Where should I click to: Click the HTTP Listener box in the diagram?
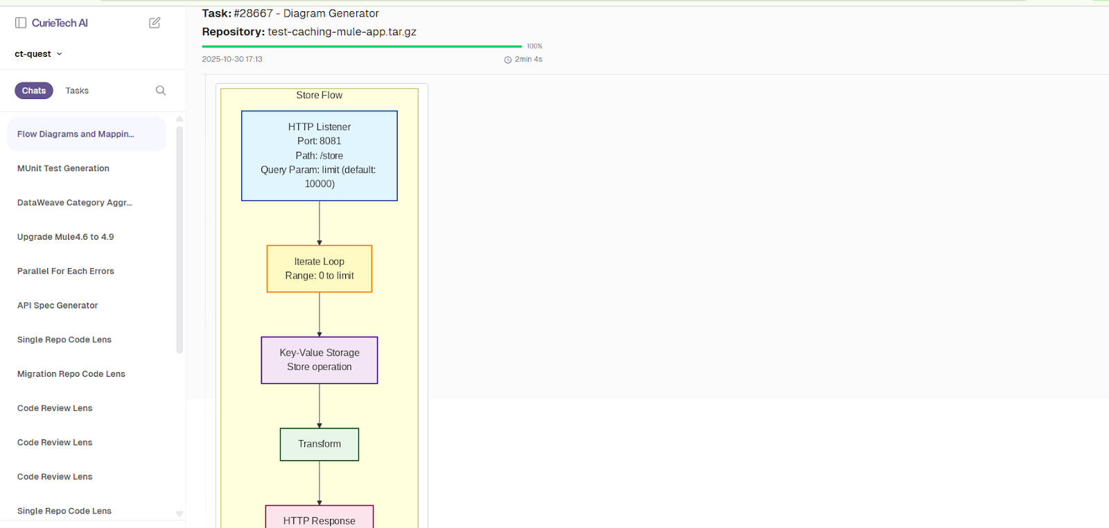click(x=319, y=155)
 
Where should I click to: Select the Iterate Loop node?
click(x=319, y=269)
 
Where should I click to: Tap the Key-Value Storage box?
click(x=319, y=360)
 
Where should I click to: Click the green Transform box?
click(x=319, y=444)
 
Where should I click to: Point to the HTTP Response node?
click(x=319, y=518)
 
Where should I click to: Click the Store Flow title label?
click(x=319, y=96)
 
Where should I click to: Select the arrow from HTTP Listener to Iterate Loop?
click(x=320, y=223)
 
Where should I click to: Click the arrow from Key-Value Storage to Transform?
click(x=320, y=406)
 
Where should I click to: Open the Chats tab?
click(x=34, y=91)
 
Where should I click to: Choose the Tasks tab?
click(x=77, y=91)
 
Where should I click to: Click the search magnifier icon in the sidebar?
click(x=161, y=91)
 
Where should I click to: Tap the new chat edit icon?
click(x=155, y=23)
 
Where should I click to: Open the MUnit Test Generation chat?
click(x=63, y=168)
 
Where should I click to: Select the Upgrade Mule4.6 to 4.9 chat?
click(x=65, y=237)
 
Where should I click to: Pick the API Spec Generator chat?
click(x=58, y=306)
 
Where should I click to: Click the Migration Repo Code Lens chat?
click(x=71, y=374)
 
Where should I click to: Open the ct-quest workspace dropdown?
click(x=39, y=54)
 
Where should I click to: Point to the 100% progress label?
click(x=534, y=46)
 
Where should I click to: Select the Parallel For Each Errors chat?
click(x=66, y=271)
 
